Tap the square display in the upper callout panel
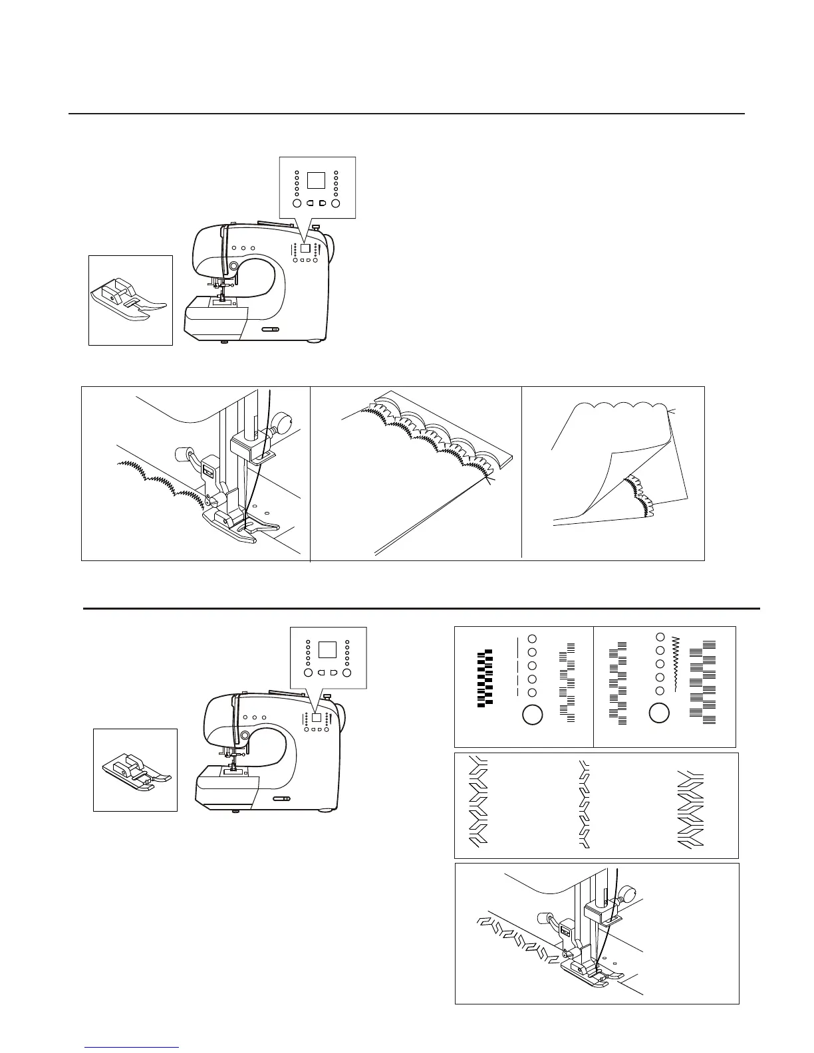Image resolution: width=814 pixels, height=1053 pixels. pos(317,180)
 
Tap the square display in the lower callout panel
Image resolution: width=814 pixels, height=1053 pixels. pos(327,649)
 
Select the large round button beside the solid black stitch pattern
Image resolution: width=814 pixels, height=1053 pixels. pos(533,715)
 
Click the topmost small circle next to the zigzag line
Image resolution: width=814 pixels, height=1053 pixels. pos(659,637)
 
